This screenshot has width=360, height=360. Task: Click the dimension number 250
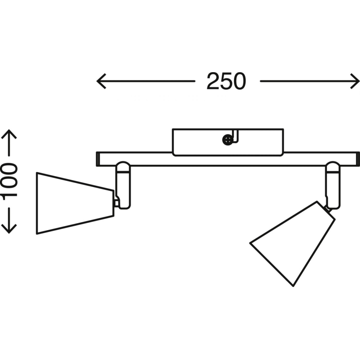pyautogui.click(x=226, y=81)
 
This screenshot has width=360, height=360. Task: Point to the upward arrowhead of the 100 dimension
pyautogui.click(x=9, y=134)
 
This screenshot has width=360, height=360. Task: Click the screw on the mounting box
pyautogui.click(x=227, y=141)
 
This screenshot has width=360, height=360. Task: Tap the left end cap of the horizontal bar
pyautogui.click(x=98, y=159)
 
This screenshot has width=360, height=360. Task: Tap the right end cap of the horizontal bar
pyautogui.click(x=358, y=159)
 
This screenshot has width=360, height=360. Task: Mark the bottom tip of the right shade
pyautogui.click(x=294, y=285)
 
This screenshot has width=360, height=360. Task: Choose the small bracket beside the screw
pyautogui.click(x=235, y=137)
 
